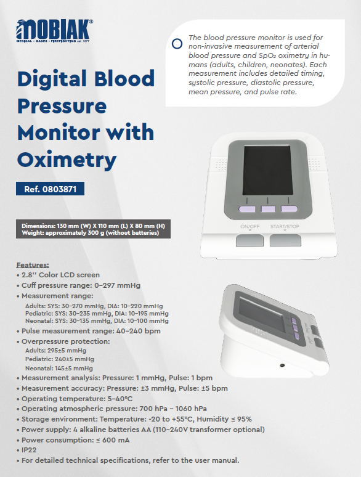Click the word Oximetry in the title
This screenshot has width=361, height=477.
(67, 160)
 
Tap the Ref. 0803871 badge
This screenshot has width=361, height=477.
(50, 189)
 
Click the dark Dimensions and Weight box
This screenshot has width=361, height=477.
(93, 229)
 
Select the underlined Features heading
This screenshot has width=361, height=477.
(33, 265)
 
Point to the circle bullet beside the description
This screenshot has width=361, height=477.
(177, 44)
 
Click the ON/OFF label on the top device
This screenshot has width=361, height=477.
(249, 227)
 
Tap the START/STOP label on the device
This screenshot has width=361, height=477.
(284, 227)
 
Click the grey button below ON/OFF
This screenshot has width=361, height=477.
(249, 240)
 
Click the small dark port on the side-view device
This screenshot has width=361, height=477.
(282, 367)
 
